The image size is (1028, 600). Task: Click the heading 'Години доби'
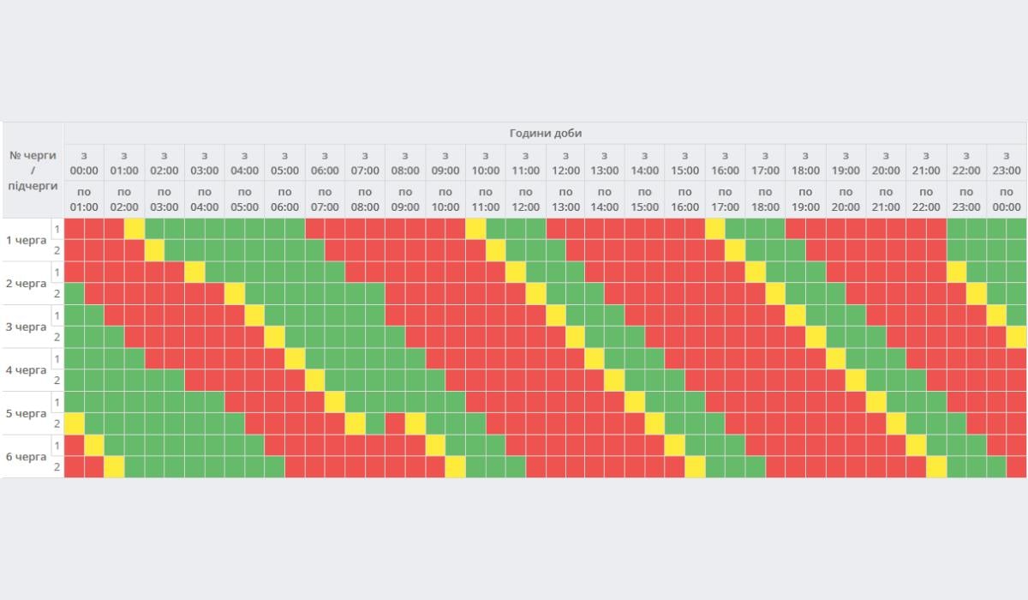(x=546, y=133)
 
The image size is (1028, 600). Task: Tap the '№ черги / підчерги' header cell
(x=33, y=170)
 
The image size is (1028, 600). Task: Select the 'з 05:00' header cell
(x=284, y=163)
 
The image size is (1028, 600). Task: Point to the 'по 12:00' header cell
(x=525, y=199)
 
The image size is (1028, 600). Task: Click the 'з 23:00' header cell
(x=1007, y=163)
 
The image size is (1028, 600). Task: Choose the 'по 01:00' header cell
(x=84, y=199)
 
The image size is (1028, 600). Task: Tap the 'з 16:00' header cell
(x=725, y=163)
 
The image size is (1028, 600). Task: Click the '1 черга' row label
(x=27, y=239)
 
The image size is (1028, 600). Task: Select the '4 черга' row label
(x=27, y=369)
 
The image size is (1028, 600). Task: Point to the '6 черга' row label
(x=27, y=456)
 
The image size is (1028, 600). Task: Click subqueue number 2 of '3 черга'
(x=57, y=337)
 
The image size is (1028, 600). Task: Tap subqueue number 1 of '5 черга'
(x=57, y=402)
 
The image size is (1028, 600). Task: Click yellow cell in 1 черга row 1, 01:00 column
(x=134, y=229)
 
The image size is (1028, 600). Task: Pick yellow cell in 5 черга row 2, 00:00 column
(x=75, y=423)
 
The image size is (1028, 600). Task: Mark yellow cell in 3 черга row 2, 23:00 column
(x=1016, y=337)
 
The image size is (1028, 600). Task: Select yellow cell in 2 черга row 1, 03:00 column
(x=195, y=272)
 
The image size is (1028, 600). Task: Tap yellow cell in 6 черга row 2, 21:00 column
(x=936, y=467)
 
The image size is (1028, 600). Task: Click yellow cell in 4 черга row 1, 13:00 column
(x=595, y=358)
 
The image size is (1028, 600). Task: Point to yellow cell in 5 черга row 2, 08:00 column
(x=415, y=423)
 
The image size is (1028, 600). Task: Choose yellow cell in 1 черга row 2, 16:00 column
(x=735, y=250)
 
